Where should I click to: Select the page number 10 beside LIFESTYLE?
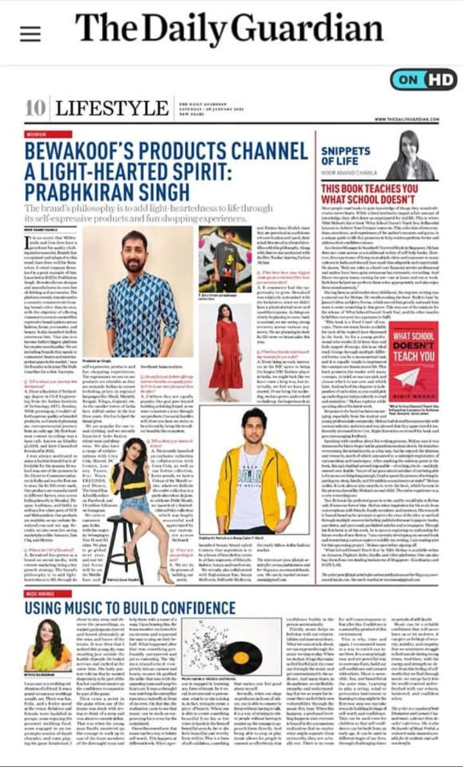[35, 107]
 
